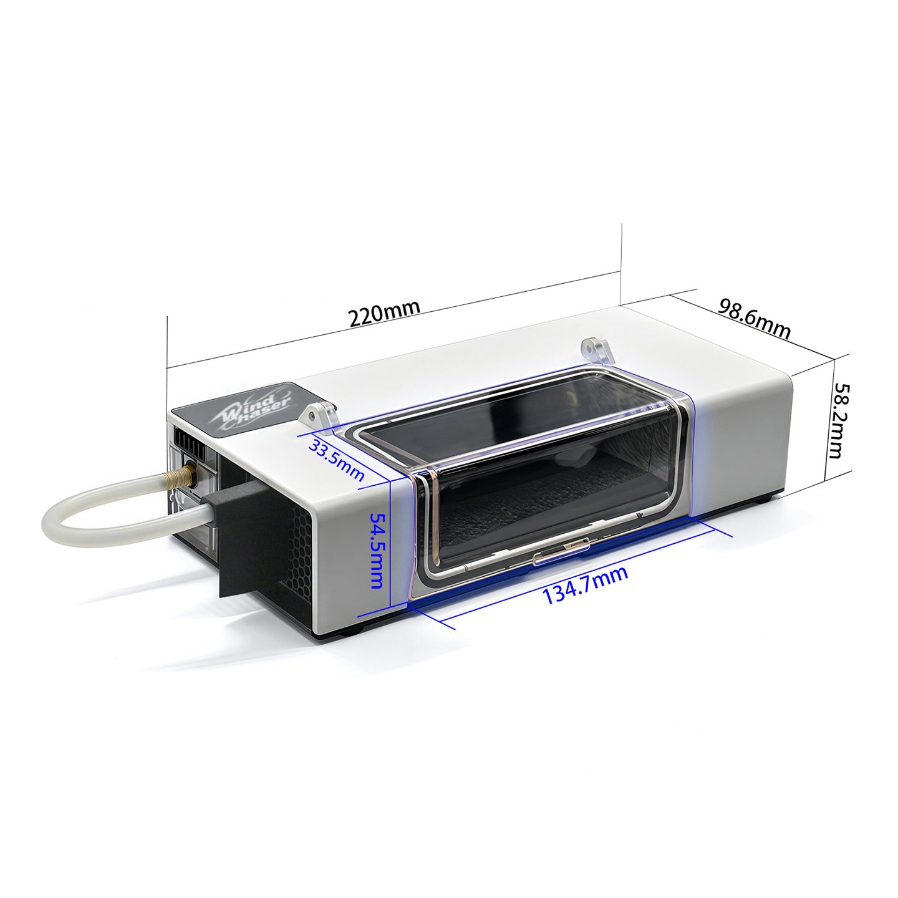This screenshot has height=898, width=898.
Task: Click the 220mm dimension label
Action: point(384,314)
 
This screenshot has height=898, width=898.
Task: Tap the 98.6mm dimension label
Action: point(755,319)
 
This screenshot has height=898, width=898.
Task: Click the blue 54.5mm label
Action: point(377,550)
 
